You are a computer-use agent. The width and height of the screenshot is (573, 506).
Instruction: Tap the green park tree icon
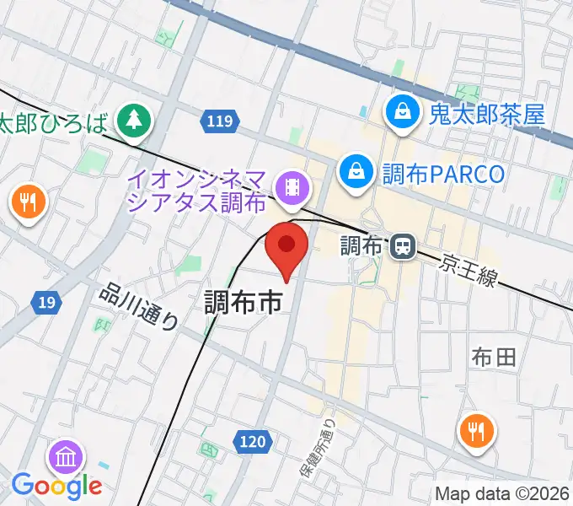[x=133, y=120]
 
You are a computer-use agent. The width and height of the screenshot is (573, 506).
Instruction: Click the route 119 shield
[x=218, y=122]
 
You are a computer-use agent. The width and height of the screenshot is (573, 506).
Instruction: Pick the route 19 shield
[x=48, y=302]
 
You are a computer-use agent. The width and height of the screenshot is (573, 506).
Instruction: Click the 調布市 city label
[x=244, y=302]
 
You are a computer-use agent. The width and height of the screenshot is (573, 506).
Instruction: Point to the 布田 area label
[x=495, y=357]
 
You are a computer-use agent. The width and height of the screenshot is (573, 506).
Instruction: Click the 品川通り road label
[x=140, y=306]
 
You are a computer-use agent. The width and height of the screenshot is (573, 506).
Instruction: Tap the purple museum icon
[x=66, y=456]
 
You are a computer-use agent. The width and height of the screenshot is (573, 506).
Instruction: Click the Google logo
[x=56, y=485]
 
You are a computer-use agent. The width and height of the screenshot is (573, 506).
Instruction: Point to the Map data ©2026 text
[x=502, y=494]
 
